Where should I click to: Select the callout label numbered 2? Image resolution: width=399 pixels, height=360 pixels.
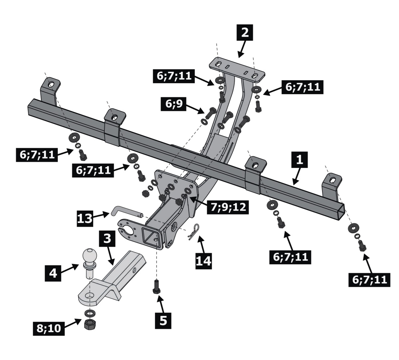coord(245,33)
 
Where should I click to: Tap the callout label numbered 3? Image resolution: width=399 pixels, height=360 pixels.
coord(107,238)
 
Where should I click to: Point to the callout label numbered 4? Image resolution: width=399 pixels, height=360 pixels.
coord(53,273)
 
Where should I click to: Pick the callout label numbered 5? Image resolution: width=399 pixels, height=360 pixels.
coord(163,320)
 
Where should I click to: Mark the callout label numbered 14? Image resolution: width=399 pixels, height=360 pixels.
coord(203,260)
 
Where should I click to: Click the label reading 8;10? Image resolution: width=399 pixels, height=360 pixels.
coord(47,328)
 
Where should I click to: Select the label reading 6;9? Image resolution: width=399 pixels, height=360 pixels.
coord(174,104)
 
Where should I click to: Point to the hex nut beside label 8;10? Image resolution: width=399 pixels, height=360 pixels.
coord(89,324)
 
